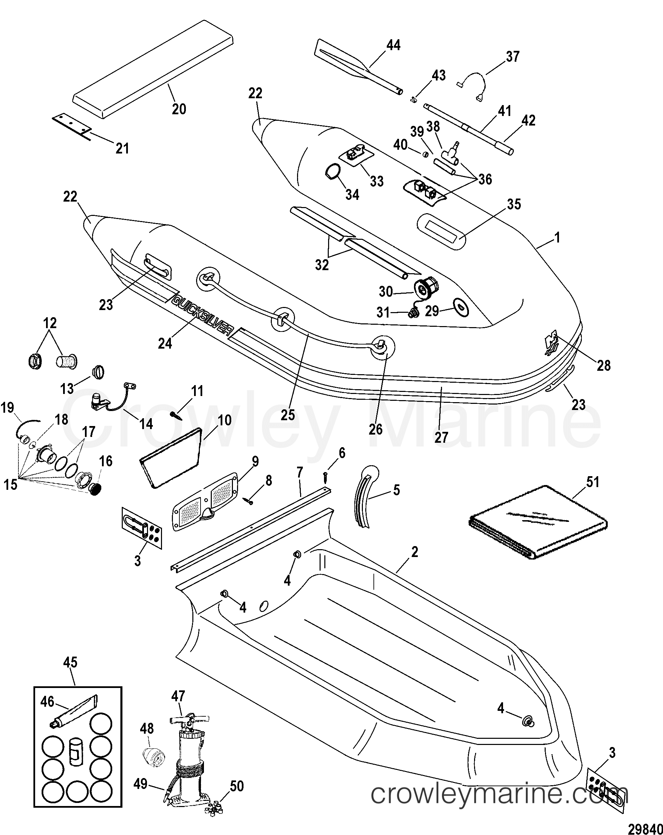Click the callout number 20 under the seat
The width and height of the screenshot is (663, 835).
[179, 109]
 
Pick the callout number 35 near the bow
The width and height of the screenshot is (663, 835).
[514, 205]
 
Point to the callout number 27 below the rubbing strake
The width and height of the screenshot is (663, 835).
[441, 437]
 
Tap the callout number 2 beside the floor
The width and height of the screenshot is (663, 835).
[415, 552]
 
